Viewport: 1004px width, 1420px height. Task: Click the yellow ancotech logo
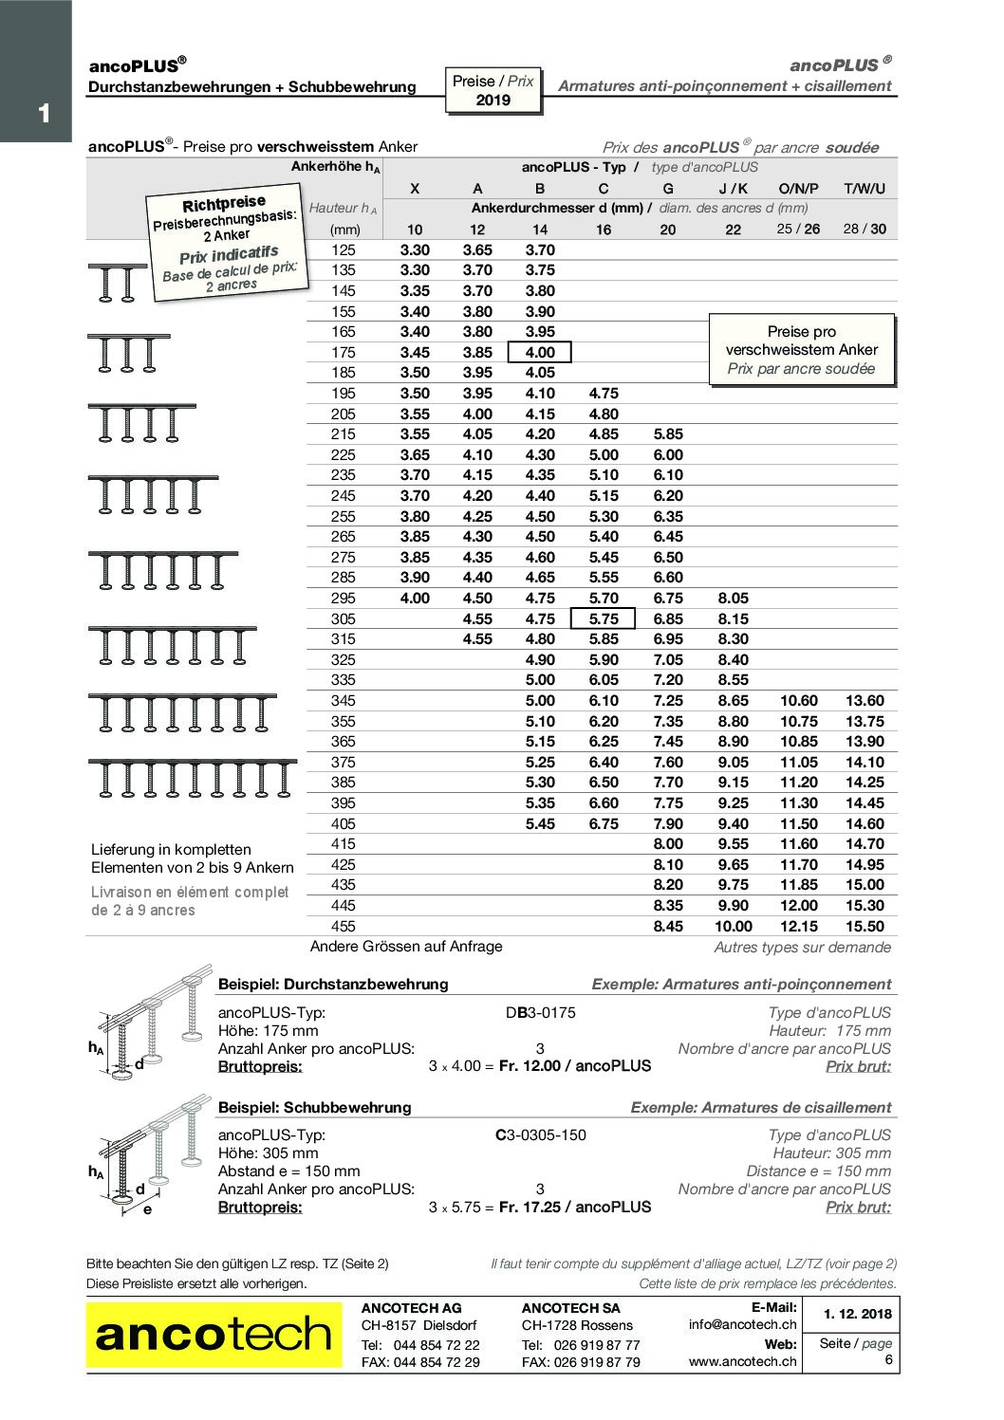pos(214,1335)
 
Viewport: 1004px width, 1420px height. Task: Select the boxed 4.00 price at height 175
pos(539,353)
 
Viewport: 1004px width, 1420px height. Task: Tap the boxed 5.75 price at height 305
pos(603,618)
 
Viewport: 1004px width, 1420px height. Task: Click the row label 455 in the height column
pos(343,926)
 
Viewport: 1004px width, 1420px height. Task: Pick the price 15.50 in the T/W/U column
pos(864,926)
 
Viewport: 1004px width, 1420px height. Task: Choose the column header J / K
pos(733,188)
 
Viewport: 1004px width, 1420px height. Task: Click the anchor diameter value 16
pos(604,229)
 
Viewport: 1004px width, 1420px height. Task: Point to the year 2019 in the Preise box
pos(493,100)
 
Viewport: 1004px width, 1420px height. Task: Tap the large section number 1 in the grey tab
pos(44,114)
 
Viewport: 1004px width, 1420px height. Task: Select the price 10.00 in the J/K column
pos(733,926)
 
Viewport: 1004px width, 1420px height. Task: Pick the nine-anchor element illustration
pos(193,777)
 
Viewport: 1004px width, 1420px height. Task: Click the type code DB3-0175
pos(540,1012)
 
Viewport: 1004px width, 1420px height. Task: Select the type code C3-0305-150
pos(540,1134)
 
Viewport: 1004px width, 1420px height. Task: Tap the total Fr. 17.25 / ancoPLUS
pos(575,1207)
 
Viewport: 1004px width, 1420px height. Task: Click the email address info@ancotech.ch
pos(742,1324)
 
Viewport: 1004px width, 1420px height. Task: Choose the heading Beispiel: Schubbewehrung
pos(314,1107)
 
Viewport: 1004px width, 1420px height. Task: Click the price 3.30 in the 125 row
pos(415,249)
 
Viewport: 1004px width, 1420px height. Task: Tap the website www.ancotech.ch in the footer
pos(742,1361)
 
